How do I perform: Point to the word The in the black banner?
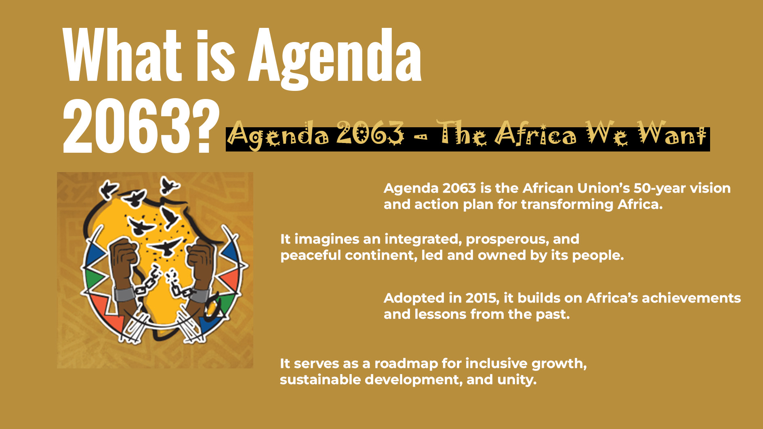point(462,133)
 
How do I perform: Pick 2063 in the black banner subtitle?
point(370,133)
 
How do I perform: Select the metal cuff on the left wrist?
point(124,294)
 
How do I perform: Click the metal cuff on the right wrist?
point(199,294)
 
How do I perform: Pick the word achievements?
point(691,298)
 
